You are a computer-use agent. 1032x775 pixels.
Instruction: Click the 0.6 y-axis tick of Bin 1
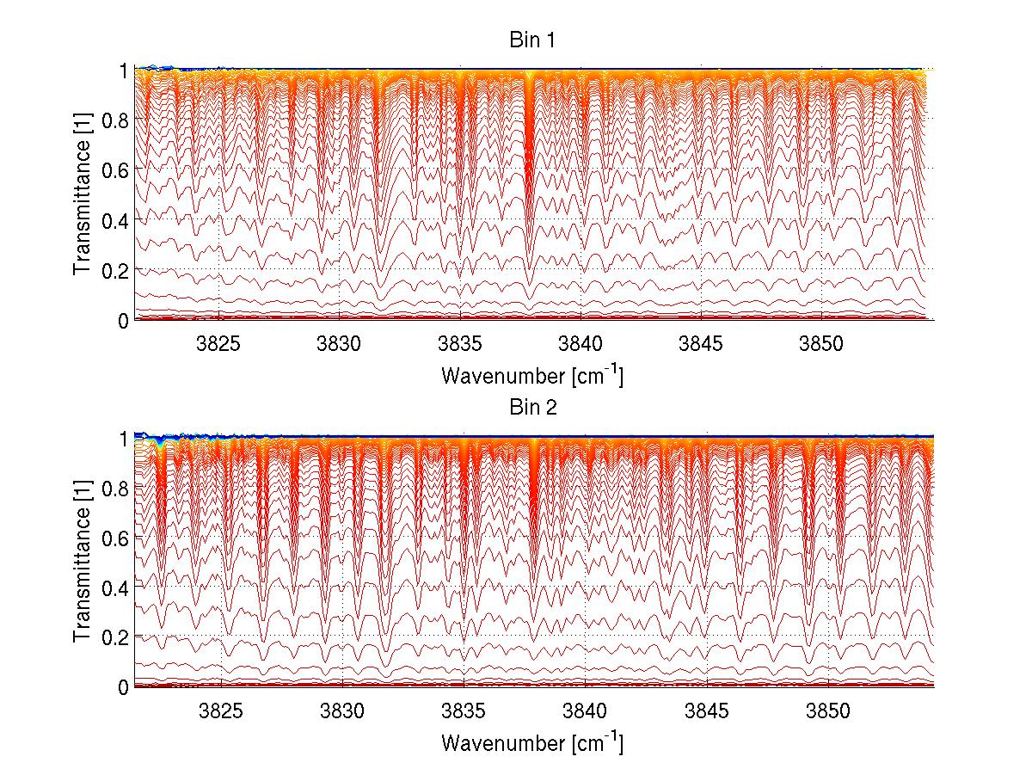click(x=117, y=169)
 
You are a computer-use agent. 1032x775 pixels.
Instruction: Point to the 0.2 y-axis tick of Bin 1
click(x=117, y=269)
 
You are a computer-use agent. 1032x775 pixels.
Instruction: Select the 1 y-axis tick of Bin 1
click(x=124, y=70)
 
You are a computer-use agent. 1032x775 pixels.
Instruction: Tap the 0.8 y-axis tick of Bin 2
click(x=117, y=487)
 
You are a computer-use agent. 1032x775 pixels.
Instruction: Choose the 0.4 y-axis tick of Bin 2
click(x=117, y=587)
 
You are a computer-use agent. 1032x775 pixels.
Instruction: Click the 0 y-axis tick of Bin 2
click(x=124, y=686)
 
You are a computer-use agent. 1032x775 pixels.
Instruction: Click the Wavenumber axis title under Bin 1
click(x=532, y=376)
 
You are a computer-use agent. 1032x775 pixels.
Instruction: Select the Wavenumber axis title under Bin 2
click(x=532, y=742)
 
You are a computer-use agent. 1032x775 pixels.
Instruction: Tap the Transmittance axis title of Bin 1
click(x=83, y=194)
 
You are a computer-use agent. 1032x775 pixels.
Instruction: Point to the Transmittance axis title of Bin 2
click(x=83, y=562)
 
